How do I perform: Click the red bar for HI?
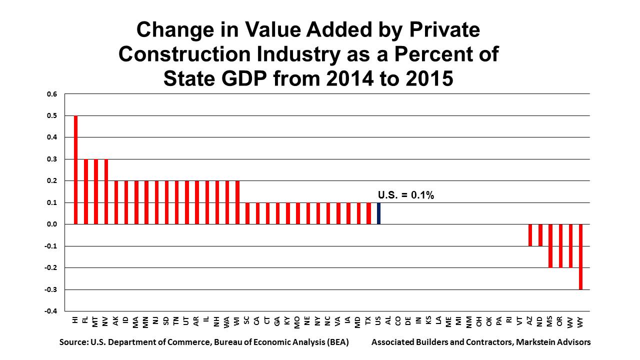76,170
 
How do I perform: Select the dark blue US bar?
379,213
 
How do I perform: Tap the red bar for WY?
581,256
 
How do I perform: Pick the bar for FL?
86,191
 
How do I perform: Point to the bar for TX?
369,213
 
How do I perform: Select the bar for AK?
116,202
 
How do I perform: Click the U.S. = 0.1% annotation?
405,195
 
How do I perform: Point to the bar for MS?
550,246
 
